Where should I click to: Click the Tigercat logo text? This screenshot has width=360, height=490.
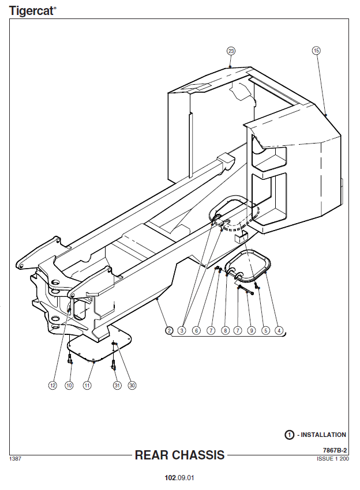[32, 11]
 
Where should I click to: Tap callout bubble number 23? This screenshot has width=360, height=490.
[231, 51]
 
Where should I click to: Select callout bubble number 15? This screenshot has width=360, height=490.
[316, 51]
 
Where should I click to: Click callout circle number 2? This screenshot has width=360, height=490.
[169, 331]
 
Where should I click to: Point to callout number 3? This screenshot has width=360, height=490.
[182, 331]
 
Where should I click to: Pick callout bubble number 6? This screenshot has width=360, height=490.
[196, 331]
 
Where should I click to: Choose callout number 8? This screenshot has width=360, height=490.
[225, 331]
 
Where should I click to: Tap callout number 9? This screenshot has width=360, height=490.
[252, 331]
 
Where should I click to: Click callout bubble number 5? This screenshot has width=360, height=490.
[265, 331]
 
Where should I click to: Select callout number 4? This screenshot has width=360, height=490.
[279, 331]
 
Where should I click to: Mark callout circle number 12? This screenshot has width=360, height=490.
[52, 386]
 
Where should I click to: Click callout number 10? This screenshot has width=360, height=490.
[69, 386]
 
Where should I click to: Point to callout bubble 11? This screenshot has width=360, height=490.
[87, 386]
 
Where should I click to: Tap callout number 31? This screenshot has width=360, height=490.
[117, 386]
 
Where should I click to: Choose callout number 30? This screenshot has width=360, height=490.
[132, 386]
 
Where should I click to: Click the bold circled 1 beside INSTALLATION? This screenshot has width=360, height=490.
[289, 435]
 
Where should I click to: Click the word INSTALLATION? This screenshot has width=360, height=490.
[324, 435]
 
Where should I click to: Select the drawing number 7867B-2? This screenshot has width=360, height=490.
[335, 450]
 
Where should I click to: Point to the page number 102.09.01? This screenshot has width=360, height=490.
[179, 478]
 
